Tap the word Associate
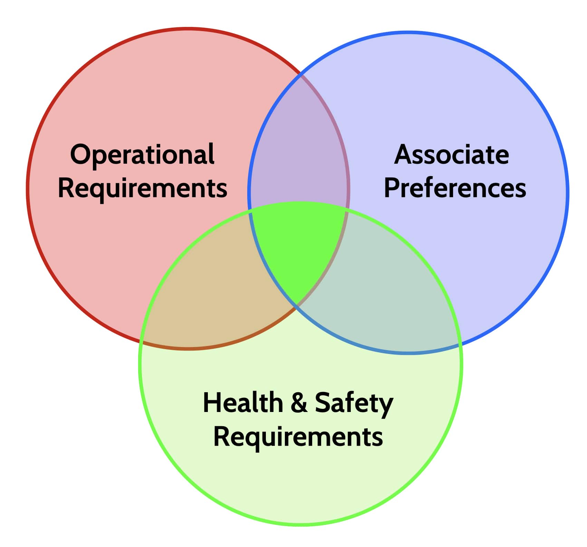coord(452,154)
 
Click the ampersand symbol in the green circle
coord(299,403)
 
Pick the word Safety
coord(354,404)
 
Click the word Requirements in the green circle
coord(298,437)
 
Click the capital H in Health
coord(211,402)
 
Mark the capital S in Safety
coord(323,402)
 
